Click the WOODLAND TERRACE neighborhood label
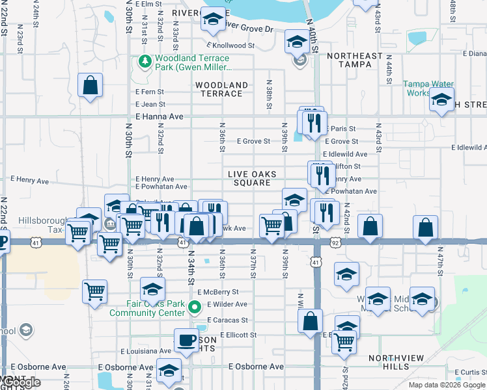click(x=221, y=89)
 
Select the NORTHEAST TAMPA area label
click(x=355, y=60)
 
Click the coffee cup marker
click(x=186, y=340)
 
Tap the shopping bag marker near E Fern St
click(x=90, y=85)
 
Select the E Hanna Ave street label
click(x=160, y=116)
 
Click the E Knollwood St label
click(x=230, y=45)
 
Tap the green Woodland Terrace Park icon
click(x=144, y=62)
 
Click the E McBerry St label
click(x=221, y=292)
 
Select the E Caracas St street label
click(x=227, y=320)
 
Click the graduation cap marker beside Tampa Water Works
click(x=441, y=100)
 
